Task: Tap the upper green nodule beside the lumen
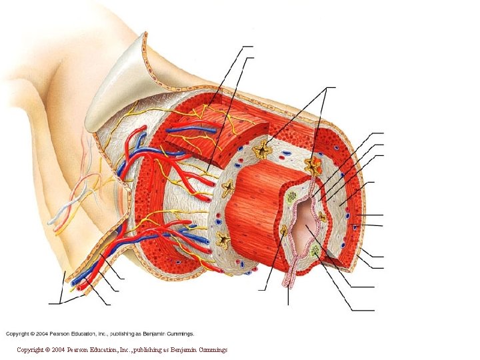click(x=291, y=197)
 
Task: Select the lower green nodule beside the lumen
click(x=315, y=251)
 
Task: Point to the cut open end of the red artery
click(x=82, y=287)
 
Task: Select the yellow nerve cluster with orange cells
click(x=312, y=164)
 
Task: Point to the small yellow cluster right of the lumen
click(x=323, y=217)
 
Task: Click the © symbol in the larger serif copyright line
click(x=47, y=349)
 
